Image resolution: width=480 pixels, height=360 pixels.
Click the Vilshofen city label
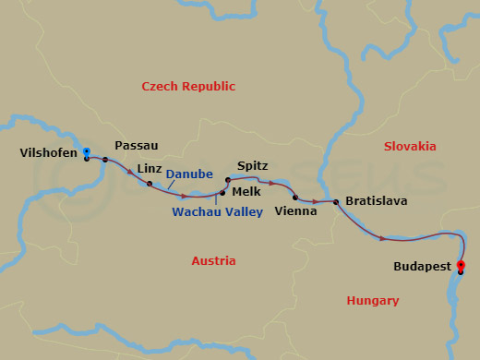pyautogui.click(x=47, y=153)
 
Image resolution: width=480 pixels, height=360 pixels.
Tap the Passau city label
pyautogui.click(x=136, y=146)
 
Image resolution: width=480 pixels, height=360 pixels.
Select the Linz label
pyautogui.click(x=149, y=168)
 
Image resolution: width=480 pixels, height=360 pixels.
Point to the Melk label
pyautogui.click(x=246, y=191)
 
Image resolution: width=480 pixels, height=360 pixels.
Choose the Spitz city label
pyautogui.click(x=252, y=165)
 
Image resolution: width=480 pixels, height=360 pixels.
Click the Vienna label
pyautogui.click(x=295, y=211)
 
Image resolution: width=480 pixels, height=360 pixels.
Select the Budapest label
pyautogui.click(x=421, y=266)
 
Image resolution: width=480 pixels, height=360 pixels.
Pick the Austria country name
pyautogui.click(x=213, y=261)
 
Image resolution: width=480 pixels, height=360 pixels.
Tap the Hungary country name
pyautogui.click(x=373, y=300)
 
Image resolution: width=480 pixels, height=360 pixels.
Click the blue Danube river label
pyautogui.click(x=190, y=174)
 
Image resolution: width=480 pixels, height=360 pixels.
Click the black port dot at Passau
pyautogui.click(x=105, y=160)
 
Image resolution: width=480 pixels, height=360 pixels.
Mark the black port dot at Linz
pyautogui.click(x=150, y=184)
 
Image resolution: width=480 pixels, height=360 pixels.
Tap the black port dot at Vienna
pyautogui.click(x=295, y=198)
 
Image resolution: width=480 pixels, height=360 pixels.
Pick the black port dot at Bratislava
pyautogui.click(x=336, y=202)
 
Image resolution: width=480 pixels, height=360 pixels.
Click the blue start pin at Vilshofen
pyautogui.click(x=86, y=151)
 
